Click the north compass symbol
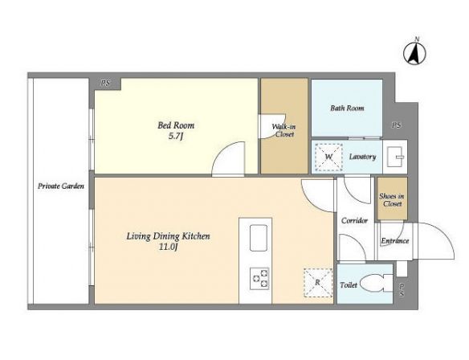point(414,52)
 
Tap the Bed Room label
point(176,125)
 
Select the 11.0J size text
point(169,247)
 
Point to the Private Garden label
point(61,186)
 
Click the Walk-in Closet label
point(284,130)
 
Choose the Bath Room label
point(347,108)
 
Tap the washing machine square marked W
point(328,157)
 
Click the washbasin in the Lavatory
point(396,157)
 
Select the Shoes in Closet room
point(392,199)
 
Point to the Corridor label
point(354,221)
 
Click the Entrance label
point(395,241)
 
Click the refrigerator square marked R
point(318,283)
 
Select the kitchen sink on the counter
point(259,238)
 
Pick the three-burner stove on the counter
point(259,278)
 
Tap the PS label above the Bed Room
point(105,83)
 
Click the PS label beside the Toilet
point(402,290)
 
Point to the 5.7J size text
point(176,137)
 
